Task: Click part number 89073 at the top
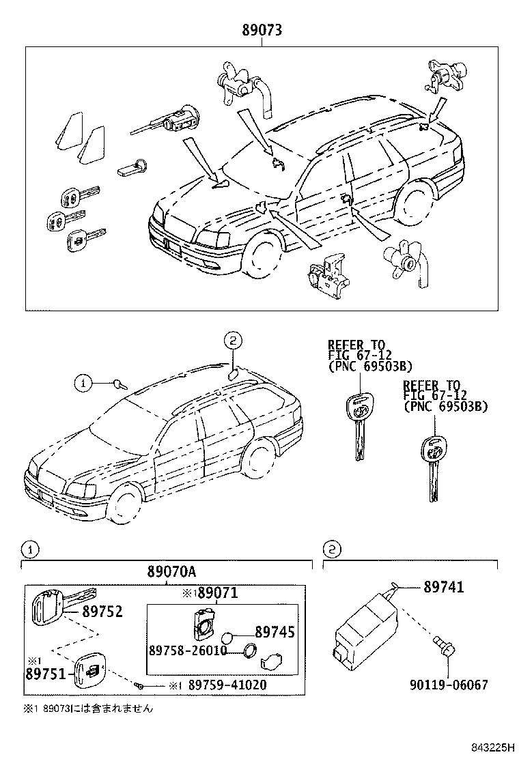pos(262,30)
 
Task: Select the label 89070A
pos(167,572)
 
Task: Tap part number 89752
pos(102,612)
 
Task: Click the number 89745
pos(275,633)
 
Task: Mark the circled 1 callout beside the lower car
pos(83,384)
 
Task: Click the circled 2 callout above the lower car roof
pos(232,341)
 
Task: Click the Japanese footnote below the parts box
pos(89,709)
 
